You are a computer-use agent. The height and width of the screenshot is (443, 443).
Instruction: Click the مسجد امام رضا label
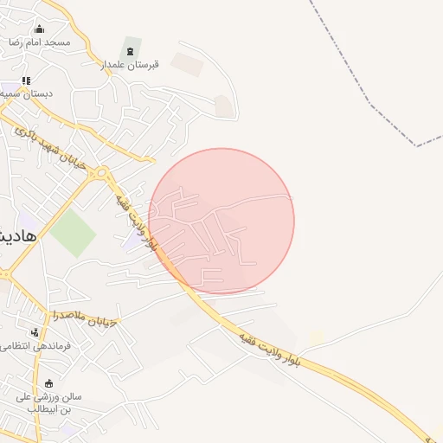(39, 42)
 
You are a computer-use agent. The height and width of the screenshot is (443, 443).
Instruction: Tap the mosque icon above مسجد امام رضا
(38, 29)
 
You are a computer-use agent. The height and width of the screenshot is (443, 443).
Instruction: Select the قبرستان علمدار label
(129, 64)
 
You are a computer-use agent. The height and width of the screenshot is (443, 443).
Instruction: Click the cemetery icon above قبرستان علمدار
(131, 51)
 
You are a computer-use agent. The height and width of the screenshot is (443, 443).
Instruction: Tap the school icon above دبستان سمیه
(26, 80)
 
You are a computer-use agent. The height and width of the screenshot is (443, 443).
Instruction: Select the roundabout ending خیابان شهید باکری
(103, 172)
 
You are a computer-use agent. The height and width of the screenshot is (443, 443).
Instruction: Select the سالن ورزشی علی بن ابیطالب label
(48, 401)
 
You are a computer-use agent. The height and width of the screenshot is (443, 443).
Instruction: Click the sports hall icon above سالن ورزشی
(48, 384)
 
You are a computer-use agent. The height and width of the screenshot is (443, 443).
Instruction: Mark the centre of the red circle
(221, 221)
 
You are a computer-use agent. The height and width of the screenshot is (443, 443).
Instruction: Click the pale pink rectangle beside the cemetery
(187, 63)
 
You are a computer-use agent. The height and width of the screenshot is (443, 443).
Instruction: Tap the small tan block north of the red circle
(223, 106)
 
